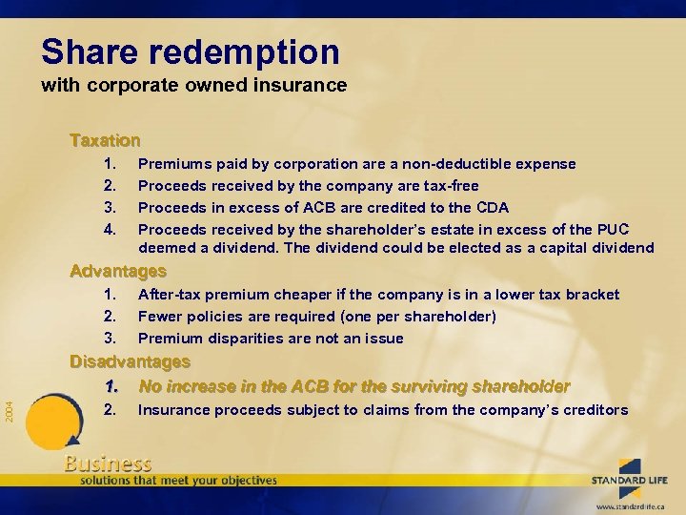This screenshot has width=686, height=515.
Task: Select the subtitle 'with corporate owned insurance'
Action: coord(193,85)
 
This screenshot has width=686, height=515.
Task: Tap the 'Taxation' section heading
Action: coord(105,141)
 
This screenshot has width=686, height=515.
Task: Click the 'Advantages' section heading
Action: coord(118,271)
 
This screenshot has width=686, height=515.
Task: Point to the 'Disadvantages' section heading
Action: coord(130,362)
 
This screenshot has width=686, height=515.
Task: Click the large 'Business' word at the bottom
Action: coord(108,463)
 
